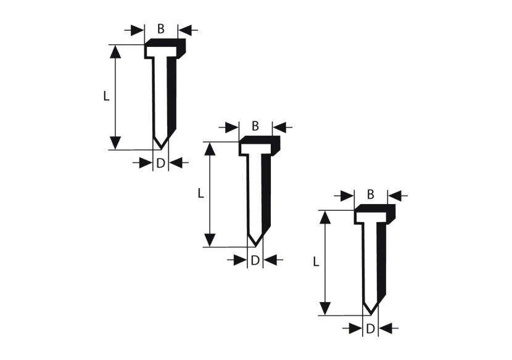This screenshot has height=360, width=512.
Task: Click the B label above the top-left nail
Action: click(161, 28)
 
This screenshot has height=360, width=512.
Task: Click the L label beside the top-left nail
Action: click(106, 96)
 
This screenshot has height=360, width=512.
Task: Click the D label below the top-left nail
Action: click(160, 163)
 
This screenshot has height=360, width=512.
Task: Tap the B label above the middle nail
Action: click(256, 126)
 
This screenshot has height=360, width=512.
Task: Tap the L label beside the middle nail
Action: click(201, 194)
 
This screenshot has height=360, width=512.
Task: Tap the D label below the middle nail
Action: click(255, 261)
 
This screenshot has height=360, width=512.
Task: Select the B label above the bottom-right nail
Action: click(371, 195)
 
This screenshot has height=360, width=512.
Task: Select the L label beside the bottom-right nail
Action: click(316, 262)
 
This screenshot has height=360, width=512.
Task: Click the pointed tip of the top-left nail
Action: click(159, 148)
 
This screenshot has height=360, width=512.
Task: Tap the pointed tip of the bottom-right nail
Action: click(369, 313)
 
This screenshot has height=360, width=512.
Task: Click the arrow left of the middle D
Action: click(236, 261)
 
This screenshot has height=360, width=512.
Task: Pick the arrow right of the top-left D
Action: click(179, 163)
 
